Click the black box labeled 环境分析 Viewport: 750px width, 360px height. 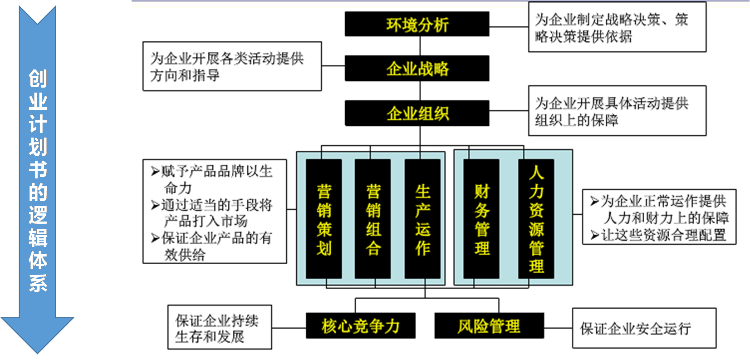click(x=417, y=24)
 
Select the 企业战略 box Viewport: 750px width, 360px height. click(x=417, y=69)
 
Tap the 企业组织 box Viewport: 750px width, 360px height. click(x=417, y=113)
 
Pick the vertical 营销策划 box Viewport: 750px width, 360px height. click(x=324, y=219)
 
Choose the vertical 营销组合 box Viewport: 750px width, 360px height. click(x=373, y=219)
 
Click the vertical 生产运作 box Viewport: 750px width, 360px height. click(x=422, y=219)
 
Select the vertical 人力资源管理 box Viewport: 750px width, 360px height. click(x=536, y=219)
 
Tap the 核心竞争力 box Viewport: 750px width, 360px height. click(x=360, y=325)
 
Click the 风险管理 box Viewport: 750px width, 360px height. click(x=489, y=325)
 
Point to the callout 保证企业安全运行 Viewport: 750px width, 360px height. click(x=644, y=328)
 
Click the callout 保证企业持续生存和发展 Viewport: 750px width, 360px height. click(x=220, y=327)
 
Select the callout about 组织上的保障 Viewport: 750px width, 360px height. click(x=617, y=111)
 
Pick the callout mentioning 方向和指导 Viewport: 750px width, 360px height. click(x=232, y=66)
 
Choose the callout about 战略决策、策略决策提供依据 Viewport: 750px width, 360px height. click(x=617, y=27)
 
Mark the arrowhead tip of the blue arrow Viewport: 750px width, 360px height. click(x=37, y=351)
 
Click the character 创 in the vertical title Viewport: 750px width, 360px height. click(x=38, y=78)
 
